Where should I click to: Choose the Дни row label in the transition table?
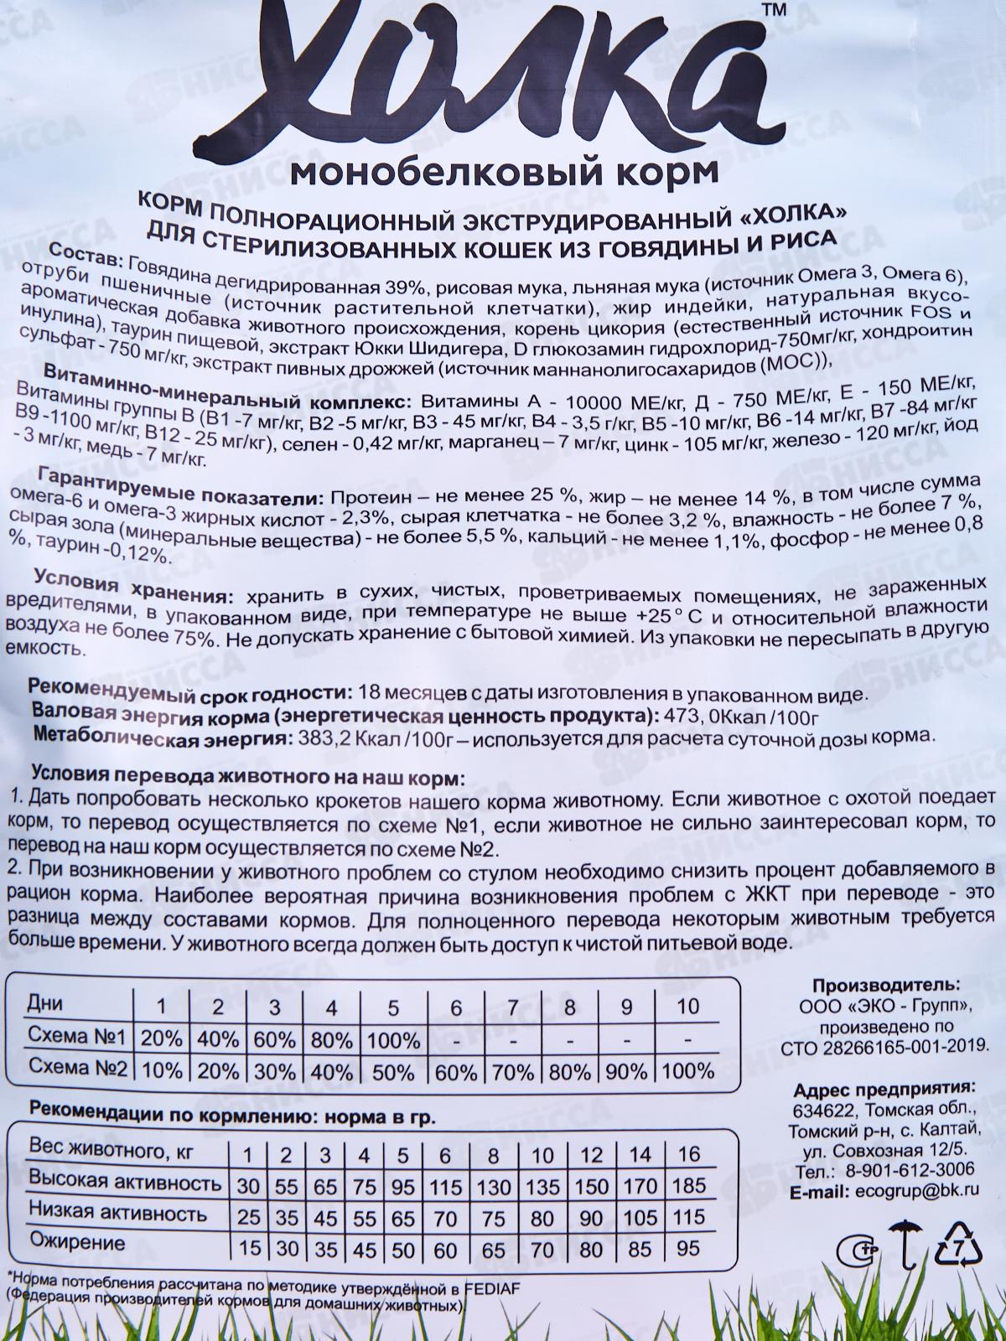(x=45, y=1003)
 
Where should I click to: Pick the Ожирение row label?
(x=76, y=1243)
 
